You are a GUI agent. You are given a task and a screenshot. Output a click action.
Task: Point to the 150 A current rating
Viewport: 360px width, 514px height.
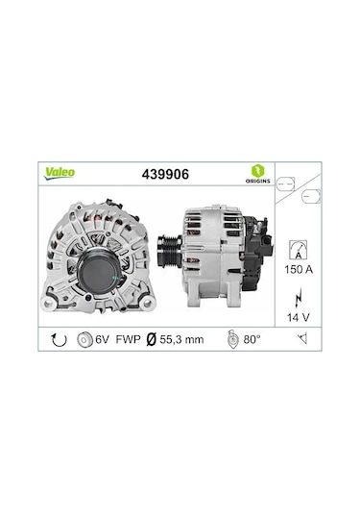click(299, 271)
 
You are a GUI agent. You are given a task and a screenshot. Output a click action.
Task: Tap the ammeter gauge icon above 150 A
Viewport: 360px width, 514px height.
click(299, 251)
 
